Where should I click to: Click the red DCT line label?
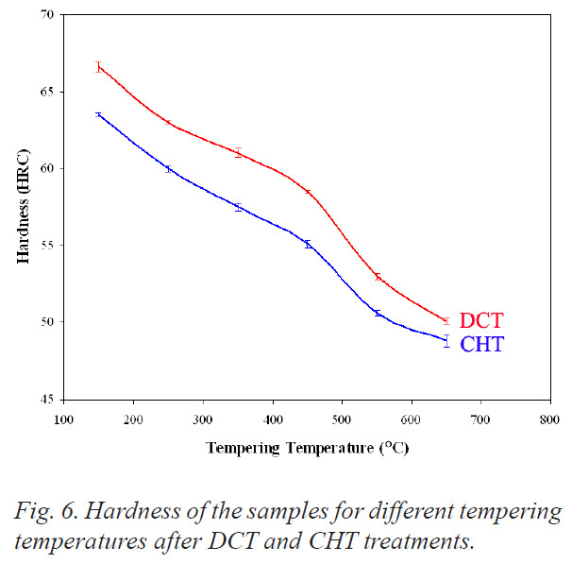coord(480,321)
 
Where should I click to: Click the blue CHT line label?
coord(481,345)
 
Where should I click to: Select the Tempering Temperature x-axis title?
coord(308,447)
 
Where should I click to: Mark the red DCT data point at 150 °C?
coord(98,67)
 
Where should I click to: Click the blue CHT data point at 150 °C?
coord(98,114)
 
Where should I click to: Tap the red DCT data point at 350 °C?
coord(238,152)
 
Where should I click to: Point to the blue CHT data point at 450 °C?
coord(308,244)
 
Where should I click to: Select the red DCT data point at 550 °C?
coord(378,277)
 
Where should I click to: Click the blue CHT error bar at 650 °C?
coord(446,341)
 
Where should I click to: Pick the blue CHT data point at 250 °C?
coord(168,168)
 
